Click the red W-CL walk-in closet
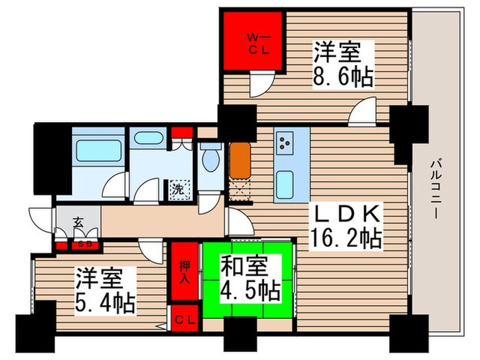252,41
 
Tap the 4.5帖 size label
250,291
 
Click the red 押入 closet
184,271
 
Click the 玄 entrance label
79,221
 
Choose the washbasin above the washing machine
149,139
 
